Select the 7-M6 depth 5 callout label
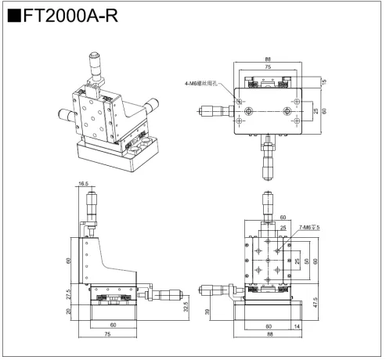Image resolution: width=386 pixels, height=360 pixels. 311,227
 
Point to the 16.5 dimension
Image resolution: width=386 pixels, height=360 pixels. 83,184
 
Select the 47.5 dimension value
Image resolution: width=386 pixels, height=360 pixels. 314,302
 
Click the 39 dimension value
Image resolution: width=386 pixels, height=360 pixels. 207,311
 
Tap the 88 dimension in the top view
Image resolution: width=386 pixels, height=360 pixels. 269,59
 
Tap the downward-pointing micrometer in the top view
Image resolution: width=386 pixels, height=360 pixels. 269,157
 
